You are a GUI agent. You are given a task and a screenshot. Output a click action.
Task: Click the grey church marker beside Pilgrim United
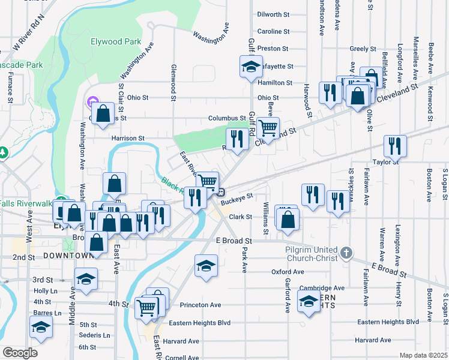346,253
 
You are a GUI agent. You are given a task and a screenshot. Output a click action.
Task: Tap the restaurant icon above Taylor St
395,146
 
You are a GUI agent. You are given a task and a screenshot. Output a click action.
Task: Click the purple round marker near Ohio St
92,103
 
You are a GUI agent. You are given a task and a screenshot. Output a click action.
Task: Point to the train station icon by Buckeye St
221,193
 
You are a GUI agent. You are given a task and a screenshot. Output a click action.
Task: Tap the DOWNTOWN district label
67,256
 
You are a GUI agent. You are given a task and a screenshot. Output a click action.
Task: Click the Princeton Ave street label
199,305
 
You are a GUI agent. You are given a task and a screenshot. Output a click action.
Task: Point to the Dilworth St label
273,14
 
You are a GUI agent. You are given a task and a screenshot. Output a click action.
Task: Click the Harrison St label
127,138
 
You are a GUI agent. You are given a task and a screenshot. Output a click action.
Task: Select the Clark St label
240,217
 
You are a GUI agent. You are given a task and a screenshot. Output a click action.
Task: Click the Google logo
20,353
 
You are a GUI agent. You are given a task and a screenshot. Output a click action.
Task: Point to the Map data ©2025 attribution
423,355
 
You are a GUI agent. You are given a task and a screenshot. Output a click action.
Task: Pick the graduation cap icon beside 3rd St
86,279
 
